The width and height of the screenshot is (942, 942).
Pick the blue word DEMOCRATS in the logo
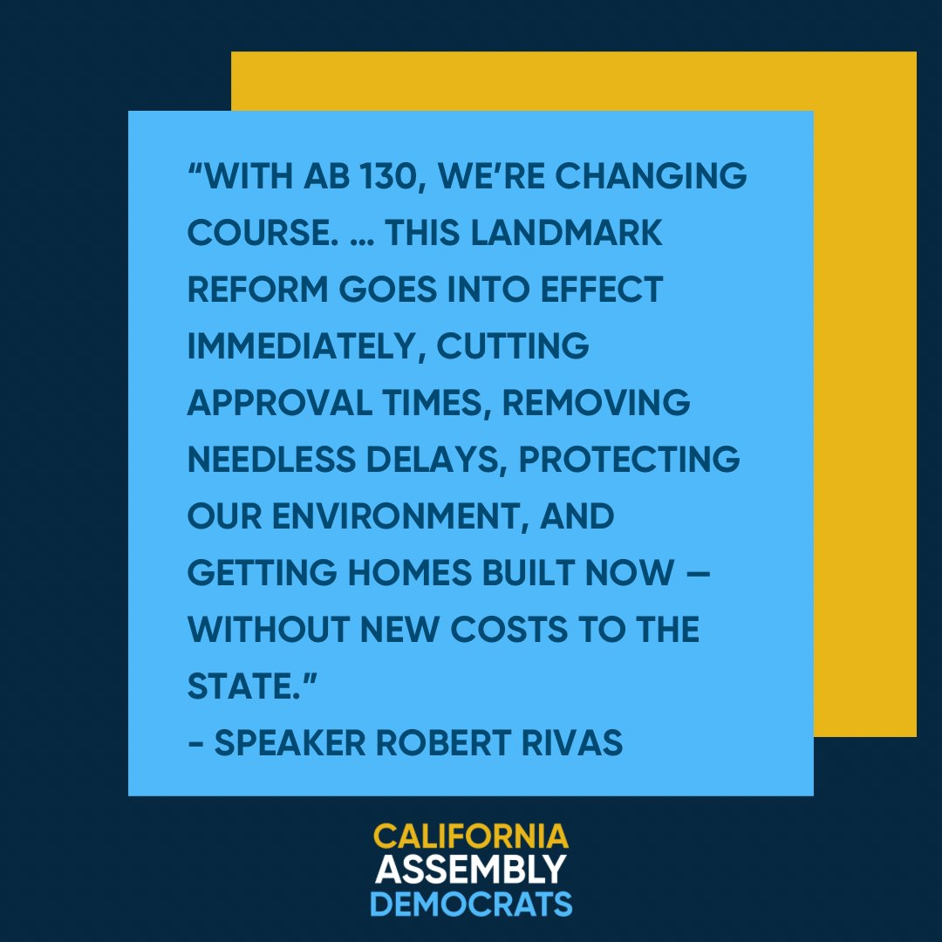coord(471,902)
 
